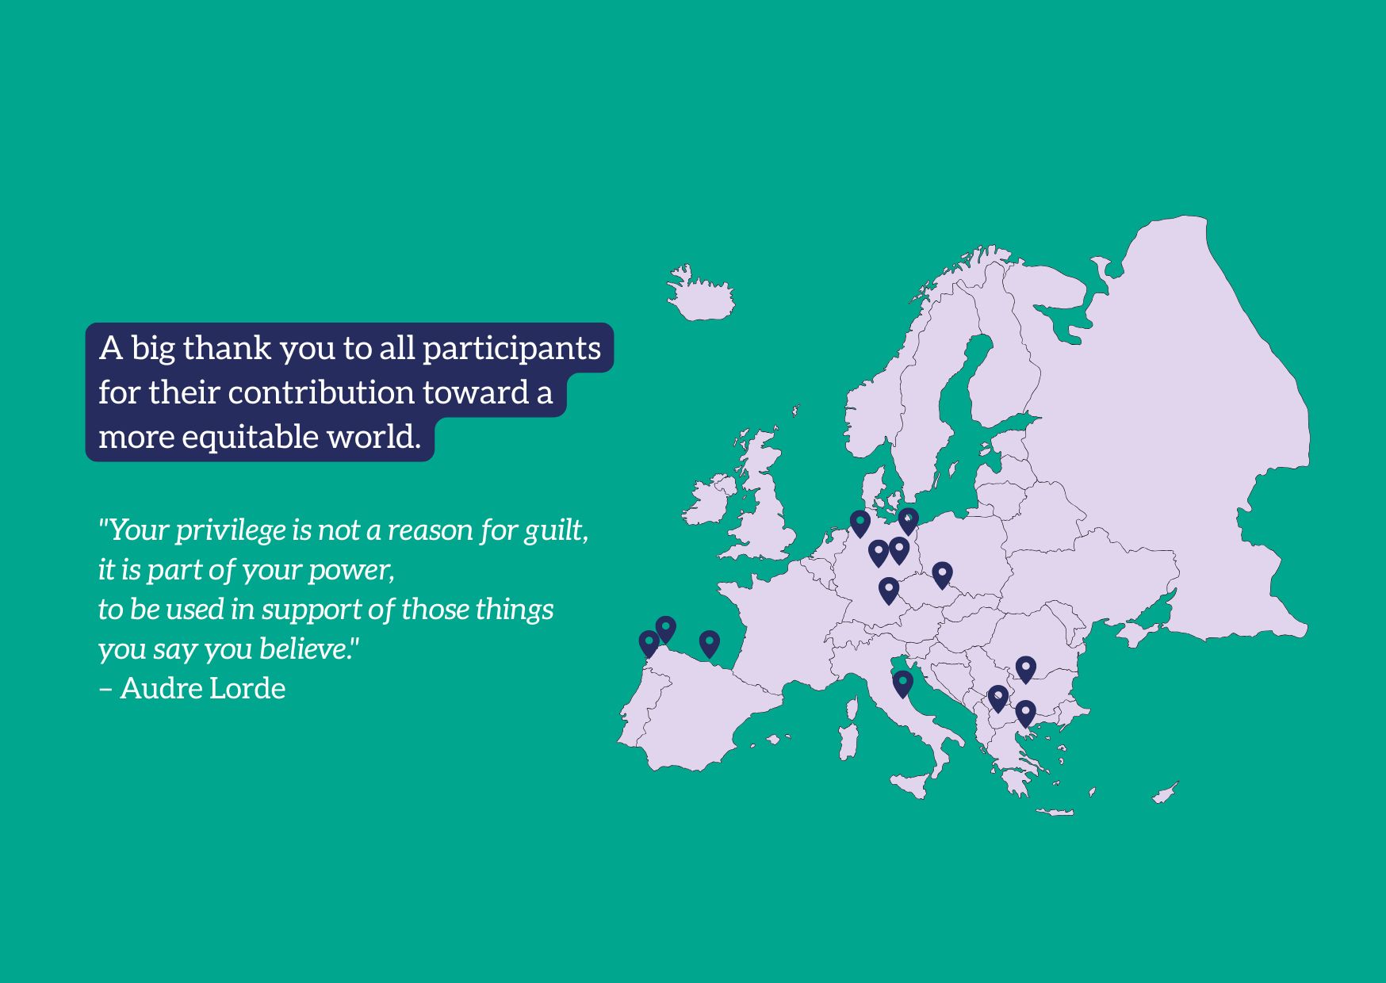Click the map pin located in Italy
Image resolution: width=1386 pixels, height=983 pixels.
[x=902, y=683]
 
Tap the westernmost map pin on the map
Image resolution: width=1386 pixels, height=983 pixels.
[x=649, y=644]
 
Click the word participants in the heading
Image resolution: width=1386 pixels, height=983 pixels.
[x=511, y=348]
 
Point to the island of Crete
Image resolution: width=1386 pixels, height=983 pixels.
[x=1055, y=812]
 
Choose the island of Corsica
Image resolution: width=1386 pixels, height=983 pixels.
[x=853, y=708]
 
